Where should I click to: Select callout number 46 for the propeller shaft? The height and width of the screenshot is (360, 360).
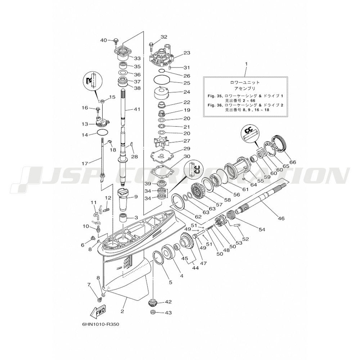coord(281,219)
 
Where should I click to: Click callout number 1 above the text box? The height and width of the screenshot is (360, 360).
coord(246,63)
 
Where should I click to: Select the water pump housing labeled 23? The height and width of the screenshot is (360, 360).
coord(163,56)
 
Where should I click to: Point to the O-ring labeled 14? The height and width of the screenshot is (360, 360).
coord(102,132)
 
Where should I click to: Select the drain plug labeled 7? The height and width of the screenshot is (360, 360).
coord(100,299)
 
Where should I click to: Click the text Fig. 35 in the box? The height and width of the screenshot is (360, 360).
coord(215,96)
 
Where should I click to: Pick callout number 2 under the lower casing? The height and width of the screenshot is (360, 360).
coord(122,311)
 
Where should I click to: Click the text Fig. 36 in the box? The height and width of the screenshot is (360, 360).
coord(215,105)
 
